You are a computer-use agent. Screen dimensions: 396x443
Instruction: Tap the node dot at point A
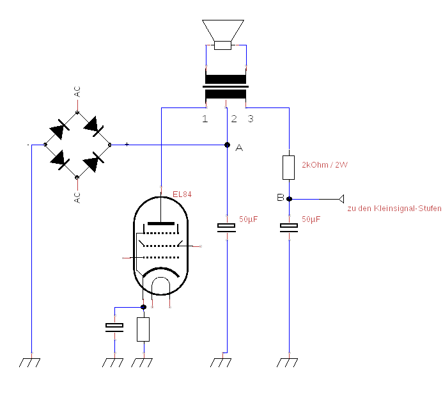[228, 145]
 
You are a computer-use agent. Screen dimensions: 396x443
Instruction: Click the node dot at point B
[289, 199]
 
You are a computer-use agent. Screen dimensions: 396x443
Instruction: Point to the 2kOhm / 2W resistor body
[289, 168]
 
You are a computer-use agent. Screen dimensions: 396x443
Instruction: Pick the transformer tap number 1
[205, 119]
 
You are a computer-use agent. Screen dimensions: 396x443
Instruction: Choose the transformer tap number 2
[234, 119]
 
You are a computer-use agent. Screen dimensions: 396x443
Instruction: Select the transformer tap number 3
[251, 119]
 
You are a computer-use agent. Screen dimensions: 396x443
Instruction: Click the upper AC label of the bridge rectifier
[77, 91]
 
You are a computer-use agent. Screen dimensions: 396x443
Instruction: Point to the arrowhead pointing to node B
[342, 199]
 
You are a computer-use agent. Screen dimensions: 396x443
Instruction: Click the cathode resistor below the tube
[143, 329]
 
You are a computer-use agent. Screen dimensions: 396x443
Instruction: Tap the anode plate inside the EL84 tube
[162, 223]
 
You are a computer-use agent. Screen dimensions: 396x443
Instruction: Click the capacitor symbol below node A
[227, 227]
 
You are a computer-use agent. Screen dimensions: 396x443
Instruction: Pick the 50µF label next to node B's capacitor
[311, 219]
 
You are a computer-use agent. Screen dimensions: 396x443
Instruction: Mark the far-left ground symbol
[29, 362]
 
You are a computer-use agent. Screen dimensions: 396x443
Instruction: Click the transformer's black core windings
[226, 88]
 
